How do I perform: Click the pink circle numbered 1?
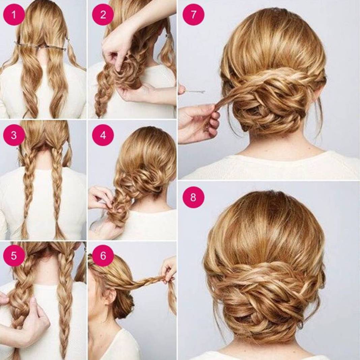tap(14, 14)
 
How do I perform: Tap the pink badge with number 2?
tap(103, 14)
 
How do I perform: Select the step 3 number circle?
tap(14, 135)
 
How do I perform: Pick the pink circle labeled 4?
tap(103, 135)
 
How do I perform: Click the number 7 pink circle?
tap(193, 14)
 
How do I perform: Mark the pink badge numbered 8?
tap(193, 197)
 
